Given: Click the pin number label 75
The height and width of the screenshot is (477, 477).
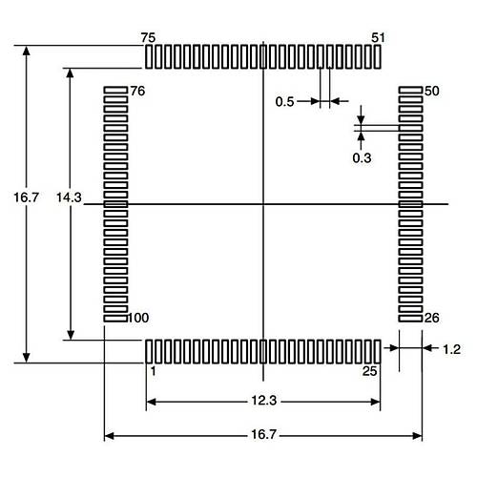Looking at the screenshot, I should (148, 36).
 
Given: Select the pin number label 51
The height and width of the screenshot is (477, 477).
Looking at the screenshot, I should (378, 37).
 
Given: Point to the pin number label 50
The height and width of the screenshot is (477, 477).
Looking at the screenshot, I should (431, 92).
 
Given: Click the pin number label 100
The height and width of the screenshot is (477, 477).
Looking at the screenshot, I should (139, 317).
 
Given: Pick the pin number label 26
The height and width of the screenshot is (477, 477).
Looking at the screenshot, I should (431, 318).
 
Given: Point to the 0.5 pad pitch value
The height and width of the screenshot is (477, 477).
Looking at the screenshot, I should (284, 102).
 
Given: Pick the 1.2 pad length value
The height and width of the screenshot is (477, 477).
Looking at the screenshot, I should (453, 350).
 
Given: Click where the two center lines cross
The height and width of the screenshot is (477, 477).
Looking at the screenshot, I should (262, 203).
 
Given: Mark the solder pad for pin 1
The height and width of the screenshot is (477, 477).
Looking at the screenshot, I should (149, 351).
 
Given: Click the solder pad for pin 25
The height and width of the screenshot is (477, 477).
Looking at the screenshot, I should (378, 351).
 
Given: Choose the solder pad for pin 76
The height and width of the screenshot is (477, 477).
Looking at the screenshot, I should (115, 92).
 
